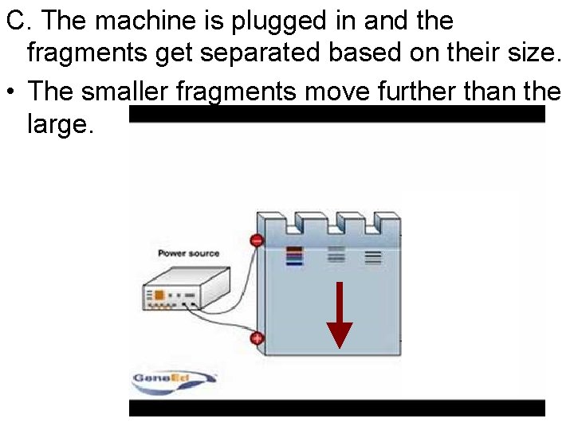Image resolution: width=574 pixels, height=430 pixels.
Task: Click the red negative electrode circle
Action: (x=257, y=240)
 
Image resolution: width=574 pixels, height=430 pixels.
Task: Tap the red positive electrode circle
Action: (x=257, y=338)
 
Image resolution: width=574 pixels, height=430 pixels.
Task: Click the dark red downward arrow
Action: (x=340, y=314)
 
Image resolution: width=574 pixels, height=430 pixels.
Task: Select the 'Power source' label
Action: (x=188, y=253)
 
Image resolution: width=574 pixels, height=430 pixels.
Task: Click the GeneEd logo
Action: (x=173, y=378)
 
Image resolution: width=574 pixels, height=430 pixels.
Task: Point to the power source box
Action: (x=182, y=290)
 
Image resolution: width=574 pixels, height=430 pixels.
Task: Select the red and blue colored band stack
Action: (x=294, y=255)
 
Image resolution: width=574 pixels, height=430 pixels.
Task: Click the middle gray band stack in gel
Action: (x=336, y=254)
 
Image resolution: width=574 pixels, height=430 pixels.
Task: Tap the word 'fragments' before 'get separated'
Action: (x=85, y=55)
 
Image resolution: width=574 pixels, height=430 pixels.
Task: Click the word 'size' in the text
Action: (x=533, y=55)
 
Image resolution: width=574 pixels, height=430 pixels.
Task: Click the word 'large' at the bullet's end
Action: (x=57, y=124)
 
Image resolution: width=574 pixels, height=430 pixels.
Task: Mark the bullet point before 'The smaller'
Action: (x=11, y=92)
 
